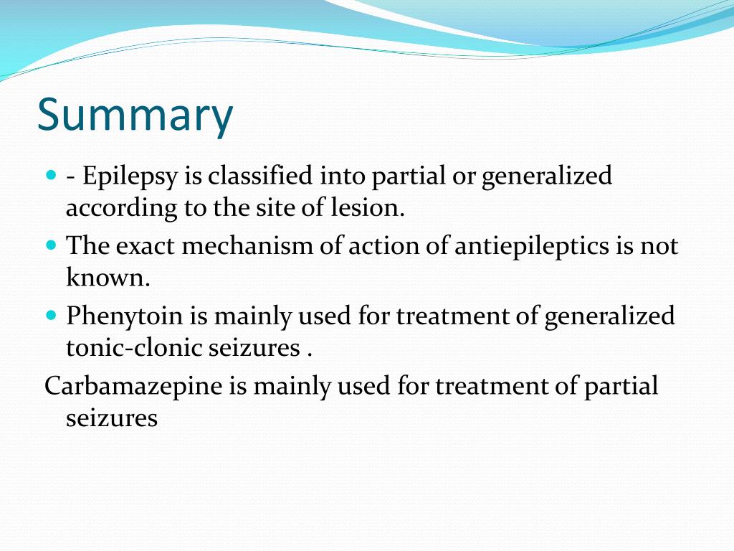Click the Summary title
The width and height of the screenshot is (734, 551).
click(135, 116)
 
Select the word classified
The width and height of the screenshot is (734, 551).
click(261, 176)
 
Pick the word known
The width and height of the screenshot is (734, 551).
click(108, 278)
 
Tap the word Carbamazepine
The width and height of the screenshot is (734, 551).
click(133, 386)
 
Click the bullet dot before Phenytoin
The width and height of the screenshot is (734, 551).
click(51, 314)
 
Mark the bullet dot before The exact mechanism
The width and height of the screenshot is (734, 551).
click(51, 245)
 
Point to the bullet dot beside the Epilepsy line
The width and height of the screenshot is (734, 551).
click(51, 175)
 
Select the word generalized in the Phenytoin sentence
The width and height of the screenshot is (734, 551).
click(609, 316)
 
